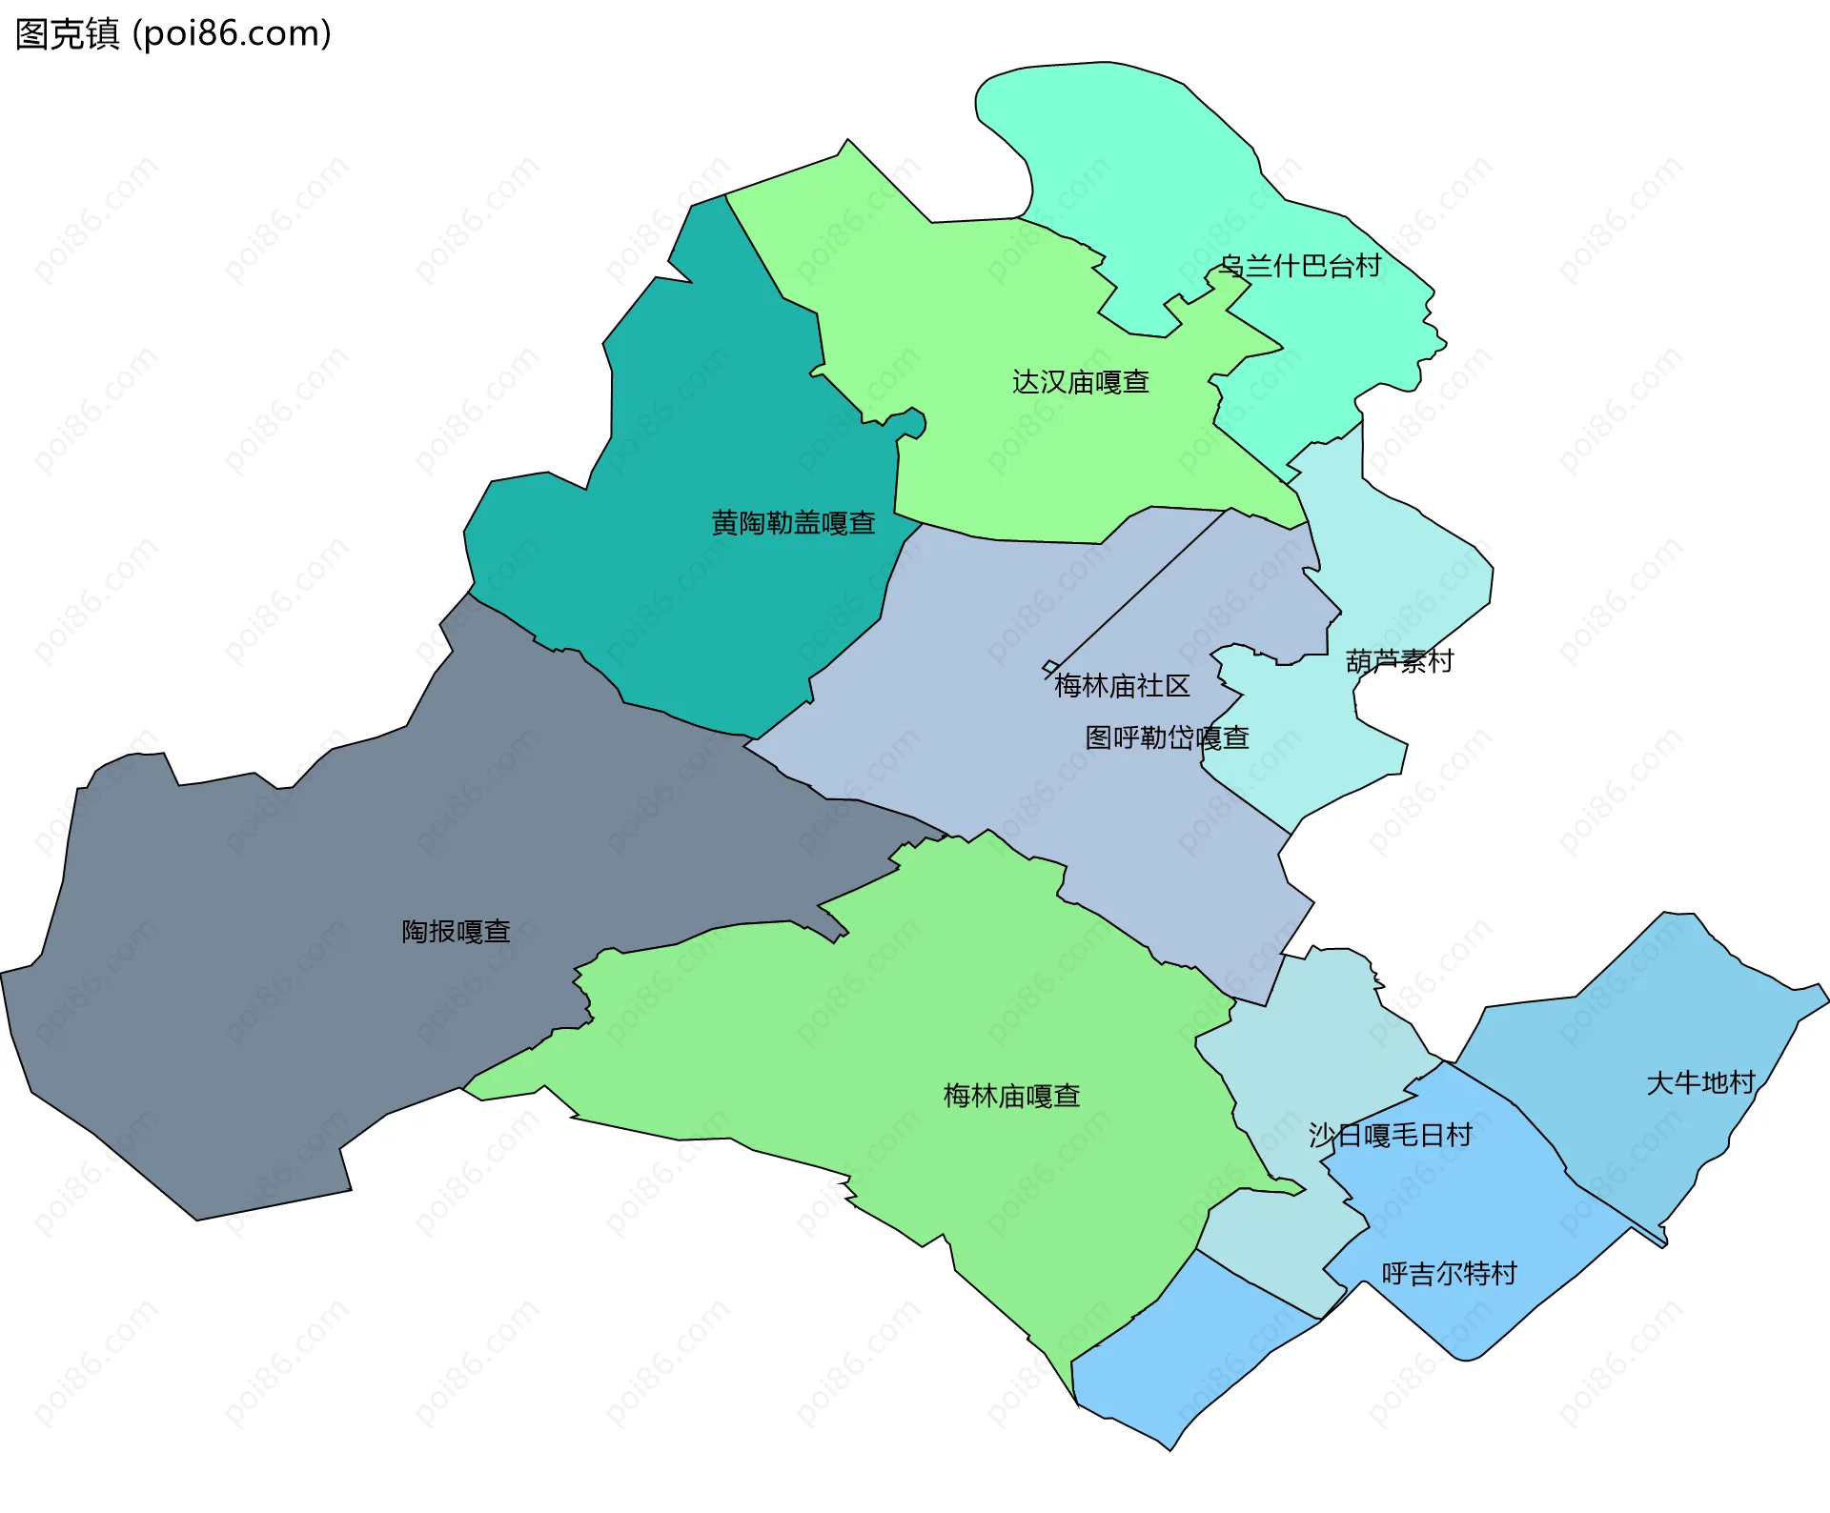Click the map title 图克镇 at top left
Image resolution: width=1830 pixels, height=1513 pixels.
pyautogui.click(x=67, y=34)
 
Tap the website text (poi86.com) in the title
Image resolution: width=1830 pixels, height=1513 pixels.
pyautogui.click(x=233, y=34)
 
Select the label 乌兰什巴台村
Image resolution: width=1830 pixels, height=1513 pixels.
pyautogui.click(x=1301, y=266)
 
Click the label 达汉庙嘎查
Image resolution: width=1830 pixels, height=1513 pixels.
pyautogui.click(x=1080, y=382)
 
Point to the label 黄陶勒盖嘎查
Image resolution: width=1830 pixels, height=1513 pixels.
pyautogui.click(x=793, y=523)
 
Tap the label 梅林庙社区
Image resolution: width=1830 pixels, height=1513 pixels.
pyautogui.click(x=1122, y=686)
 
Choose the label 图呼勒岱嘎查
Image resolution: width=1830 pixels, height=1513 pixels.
pyautogui.click(x=1167, y=737)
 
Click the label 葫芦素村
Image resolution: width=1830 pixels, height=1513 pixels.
pyautogui.click(x=1399, y=661)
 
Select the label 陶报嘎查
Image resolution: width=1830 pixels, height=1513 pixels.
pyautogui.click(x=456, y=931)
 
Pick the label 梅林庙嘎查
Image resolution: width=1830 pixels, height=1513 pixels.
pyautogui.click(x=1011, y=1096)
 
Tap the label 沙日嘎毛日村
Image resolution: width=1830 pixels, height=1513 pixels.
pyautogui.click(x=1390, y=1135)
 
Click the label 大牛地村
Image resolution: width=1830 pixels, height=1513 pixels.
pyautogui.click(x=1700, y=1082)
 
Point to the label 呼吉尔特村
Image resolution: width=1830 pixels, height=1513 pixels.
pyautogui.click(x=1449, y=1274)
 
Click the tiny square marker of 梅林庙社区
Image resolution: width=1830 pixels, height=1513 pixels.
pyautogui.click(x=1050, y=667)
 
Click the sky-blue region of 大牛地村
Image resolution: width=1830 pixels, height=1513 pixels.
pyautogui.click(x=1658, y=1010)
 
